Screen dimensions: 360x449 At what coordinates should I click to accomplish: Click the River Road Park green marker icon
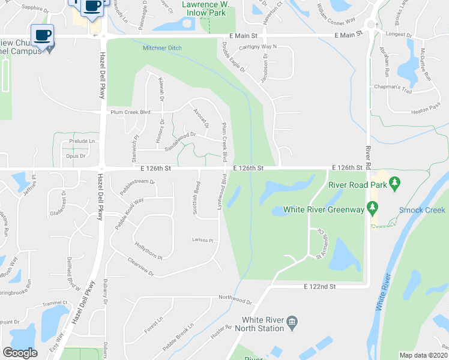394,185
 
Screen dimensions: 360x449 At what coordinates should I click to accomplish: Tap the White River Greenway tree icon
373,209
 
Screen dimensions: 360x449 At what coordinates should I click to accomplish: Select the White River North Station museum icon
292,322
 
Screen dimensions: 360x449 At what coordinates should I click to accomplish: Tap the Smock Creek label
423,210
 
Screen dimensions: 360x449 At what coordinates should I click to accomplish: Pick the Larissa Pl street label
203,240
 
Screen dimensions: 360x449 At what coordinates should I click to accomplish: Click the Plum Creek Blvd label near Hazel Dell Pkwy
129,112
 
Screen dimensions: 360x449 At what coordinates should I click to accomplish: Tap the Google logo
20,353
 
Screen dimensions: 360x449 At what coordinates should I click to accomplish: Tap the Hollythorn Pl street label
148,251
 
